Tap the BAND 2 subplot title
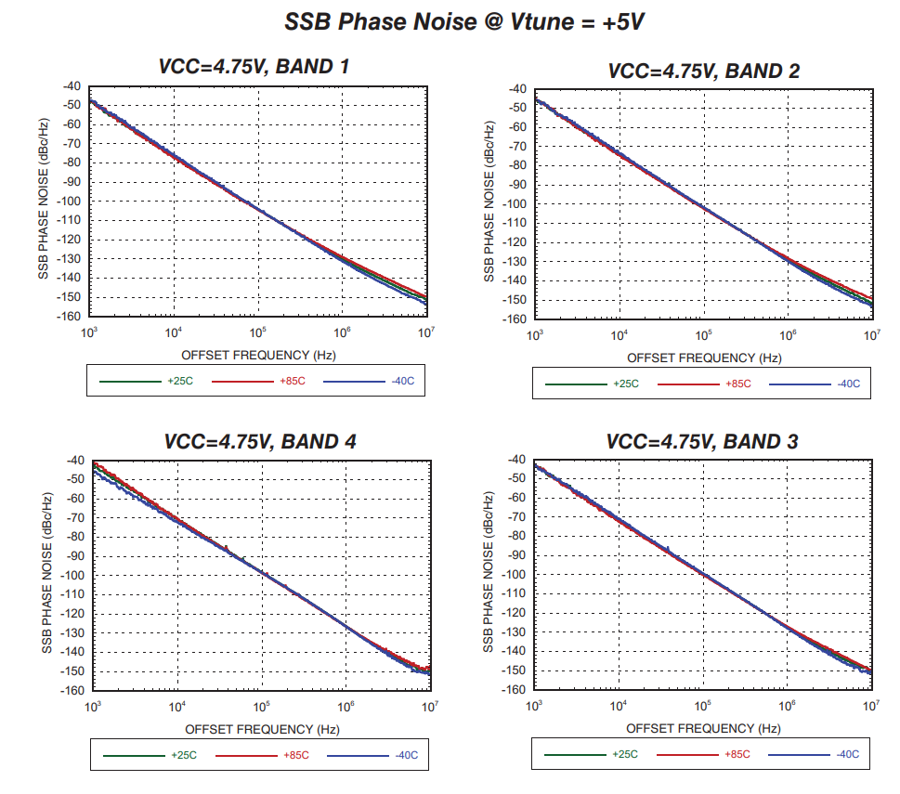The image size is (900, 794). pos(703,71)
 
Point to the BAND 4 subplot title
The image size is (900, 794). pos(260,441)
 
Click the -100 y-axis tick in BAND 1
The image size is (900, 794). pos(72,202)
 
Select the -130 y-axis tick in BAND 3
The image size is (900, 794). pos(515,632)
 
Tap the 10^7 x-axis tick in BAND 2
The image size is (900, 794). pos(870,336)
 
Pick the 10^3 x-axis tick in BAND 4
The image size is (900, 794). pos(93,709)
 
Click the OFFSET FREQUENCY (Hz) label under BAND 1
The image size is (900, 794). pos(257,355)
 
